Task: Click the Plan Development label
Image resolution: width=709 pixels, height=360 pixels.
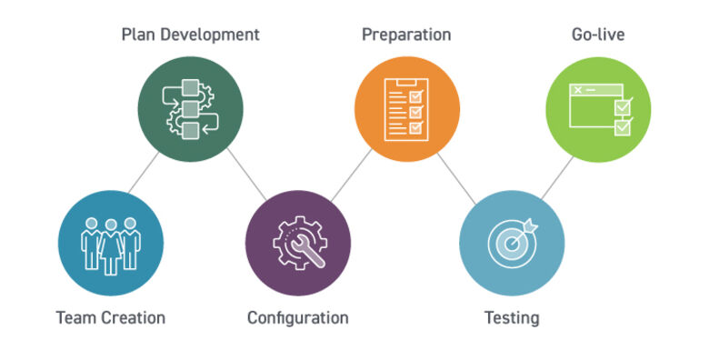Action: click(x=191, y=35)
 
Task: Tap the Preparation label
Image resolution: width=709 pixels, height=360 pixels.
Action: click(x=406, y=35)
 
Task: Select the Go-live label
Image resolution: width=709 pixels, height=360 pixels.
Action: click(x=597, y=35)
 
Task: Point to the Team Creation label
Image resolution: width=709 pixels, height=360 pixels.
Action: click(x=111, y=317)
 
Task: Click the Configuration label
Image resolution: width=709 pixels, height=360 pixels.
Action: click(x=297, y=317)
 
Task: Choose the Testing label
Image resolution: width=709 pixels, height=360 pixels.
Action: click(x=512, y=317)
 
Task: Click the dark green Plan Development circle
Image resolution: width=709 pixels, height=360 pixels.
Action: click(x=191, y=107)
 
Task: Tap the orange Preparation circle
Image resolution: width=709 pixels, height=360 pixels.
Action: click(x=405, y=107)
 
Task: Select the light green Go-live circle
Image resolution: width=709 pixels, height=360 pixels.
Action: click(x=597, y=107)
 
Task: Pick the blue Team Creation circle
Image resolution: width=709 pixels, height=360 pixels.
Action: click(x=110, y=243)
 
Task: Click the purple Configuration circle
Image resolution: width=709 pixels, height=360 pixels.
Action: click(x=297, y=243)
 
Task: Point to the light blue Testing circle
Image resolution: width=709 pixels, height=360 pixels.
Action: click(x=511, y=243)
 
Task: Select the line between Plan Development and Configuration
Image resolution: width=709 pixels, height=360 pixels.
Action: click(x=244, y=174)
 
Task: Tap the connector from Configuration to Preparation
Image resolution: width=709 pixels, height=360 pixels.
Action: click(x=351, y=175)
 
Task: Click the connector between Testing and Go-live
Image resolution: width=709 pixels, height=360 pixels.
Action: click(x=556, y=175)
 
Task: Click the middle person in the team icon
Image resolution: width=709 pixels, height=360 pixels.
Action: click(x=110, y=244)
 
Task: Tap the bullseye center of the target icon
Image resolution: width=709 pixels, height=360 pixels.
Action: click(x=509, y=243)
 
